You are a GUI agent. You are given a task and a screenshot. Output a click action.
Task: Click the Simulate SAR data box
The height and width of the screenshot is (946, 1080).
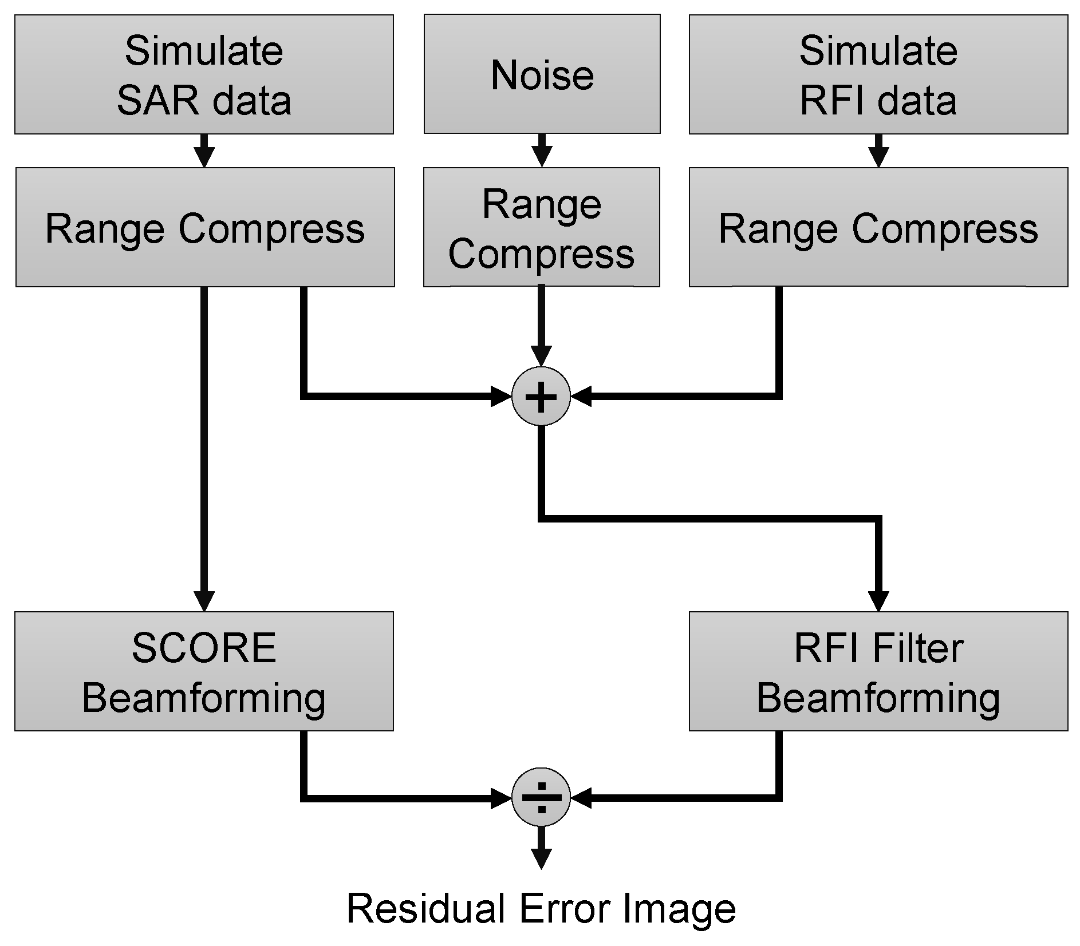click(x=204, y=74)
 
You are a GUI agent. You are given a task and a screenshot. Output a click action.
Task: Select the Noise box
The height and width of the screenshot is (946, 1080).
click(x=542, y=74)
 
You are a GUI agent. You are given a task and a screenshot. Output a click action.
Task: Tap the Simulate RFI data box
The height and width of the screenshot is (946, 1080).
click(x=878, y=74)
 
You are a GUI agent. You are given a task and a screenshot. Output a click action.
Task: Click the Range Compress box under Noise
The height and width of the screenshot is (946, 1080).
click(x=541, y=227)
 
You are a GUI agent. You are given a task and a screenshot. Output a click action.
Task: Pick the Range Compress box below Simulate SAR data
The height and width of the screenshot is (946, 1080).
click(x=205, y=227)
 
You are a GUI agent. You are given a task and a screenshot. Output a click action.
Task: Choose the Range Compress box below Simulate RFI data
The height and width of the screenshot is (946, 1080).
click(x=878, y=227)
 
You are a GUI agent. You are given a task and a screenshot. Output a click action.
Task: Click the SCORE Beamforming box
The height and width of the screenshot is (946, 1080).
click(x=204, y=671)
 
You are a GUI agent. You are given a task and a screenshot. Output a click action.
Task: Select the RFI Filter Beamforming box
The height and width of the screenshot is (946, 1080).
click(x=878, y=671)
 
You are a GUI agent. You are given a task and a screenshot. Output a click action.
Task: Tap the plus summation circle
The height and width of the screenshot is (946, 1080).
click(x=541, y=396)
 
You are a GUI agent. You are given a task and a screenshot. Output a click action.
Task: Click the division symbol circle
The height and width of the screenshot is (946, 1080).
click(x=541, y=797)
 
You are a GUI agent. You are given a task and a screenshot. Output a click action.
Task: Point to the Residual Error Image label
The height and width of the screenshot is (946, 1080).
click(x=541, y=909)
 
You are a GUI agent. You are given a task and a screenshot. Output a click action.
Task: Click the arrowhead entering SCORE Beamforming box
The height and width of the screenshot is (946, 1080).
click(x=204, y=601)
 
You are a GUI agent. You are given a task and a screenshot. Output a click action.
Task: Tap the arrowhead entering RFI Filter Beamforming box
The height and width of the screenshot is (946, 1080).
click(x=878, y=601)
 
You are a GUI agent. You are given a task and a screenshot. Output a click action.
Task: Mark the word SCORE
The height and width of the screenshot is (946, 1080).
click(x=204, y=648)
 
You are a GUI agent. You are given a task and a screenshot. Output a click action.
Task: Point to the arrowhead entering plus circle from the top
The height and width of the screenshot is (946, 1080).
click(x=541, y=356)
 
